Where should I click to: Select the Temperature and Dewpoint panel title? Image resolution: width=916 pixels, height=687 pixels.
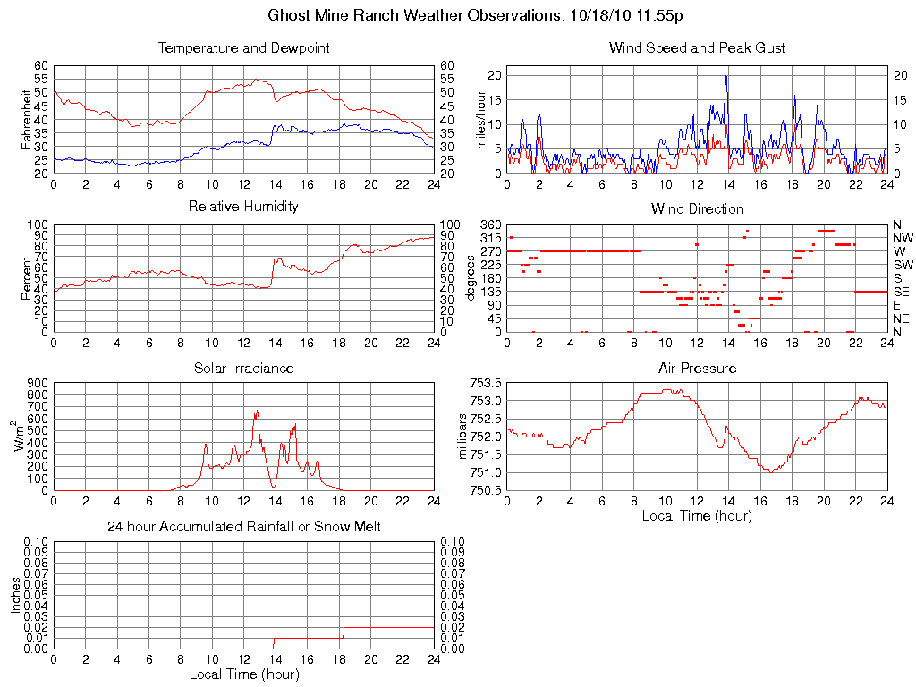(243, 48)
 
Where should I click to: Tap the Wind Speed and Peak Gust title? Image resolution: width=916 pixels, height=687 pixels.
(697, 48)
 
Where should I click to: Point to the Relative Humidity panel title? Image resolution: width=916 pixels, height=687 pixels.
(243, 207)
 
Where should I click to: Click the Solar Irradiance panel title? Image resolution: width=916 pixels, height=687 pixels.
(243, 368)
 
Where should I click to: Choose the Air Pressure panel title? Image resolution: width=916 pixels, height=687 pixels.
(697, 368)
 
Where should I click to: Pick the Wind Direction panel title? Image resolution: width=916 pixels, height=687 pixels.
(697, 208)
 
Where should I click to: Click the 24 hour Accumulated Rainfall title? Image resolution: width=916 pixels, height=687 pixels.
(243, 527)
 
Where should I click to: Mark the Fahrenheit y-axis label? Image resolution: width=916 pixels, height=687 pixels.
(27, 119)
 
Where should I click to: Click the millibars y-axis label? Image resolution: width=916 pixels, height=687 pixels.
(462, 437)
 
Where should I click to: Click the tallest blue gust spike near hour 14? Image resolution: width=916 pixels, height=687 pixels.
(726, 77)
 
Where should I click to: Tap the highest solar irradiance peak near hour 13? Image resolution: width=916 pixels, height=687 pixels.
(257, 411)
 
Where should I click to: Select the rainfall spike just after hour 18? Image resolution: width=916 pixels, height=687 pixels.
(343, 631)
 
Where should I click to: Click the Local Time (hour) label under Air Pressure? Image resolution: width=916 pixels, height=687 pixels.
(697, 515)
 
